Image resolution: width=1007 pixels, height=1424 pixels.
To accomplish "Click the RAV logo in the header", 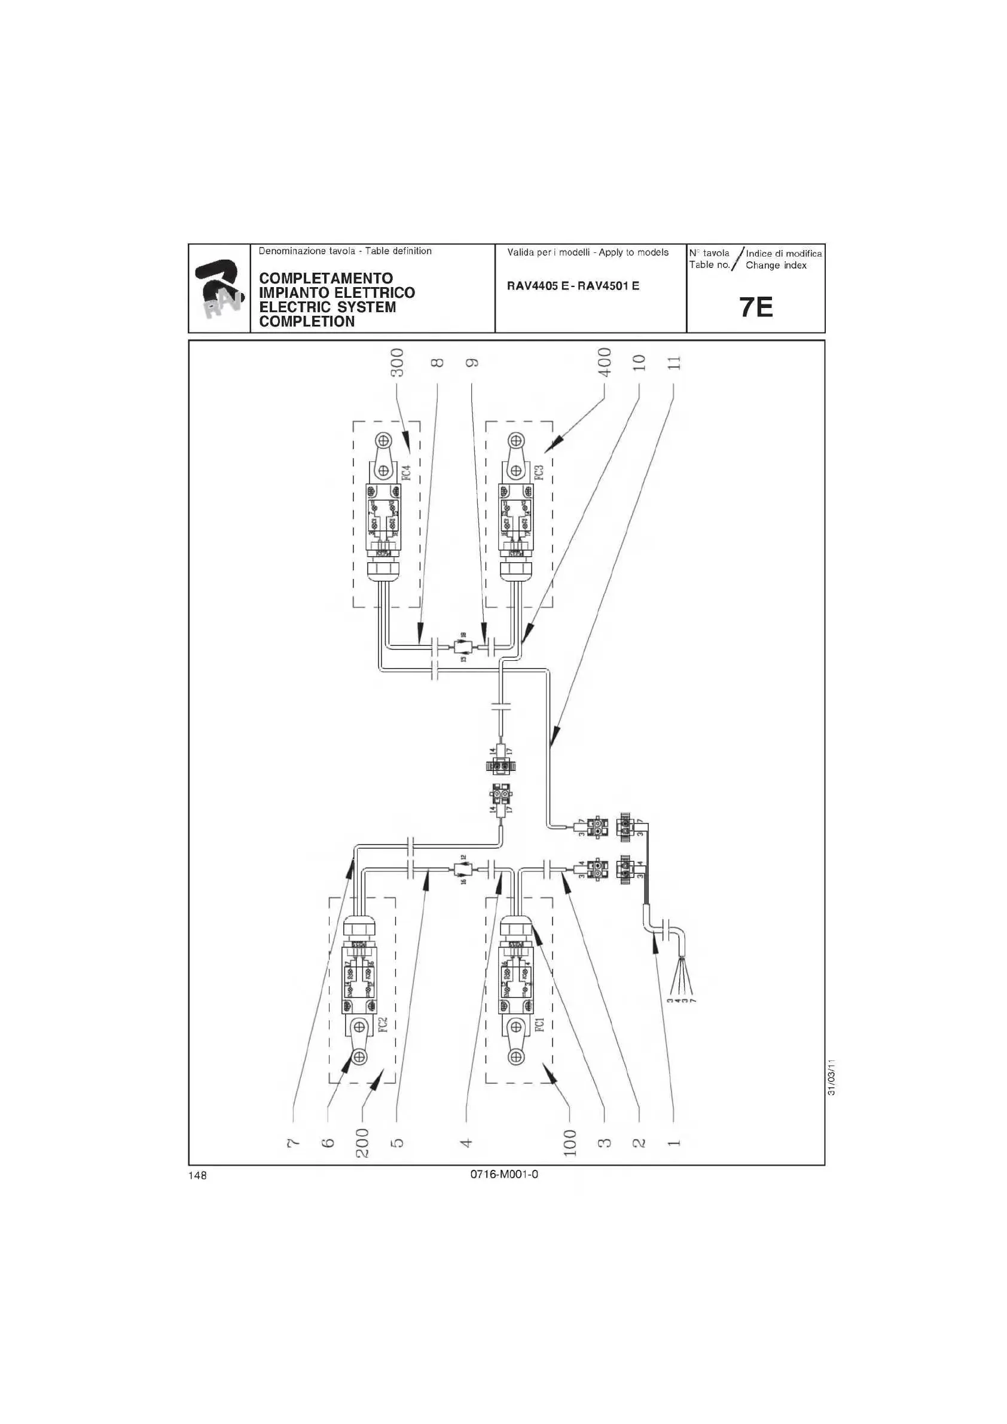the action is click(218, 288).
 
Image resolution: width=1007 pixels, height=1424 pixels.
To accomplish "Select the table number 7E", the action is click(756, 307).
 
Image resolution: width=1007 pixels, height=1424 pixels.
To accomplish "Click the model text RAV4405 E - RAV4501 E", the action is click(573, 286).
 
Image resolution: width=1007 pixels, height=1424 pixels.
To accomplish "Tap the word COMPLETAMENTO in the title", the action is click(325, 278).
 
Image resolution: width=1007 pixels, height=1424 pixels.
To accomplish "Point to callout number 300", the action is click(397, 362).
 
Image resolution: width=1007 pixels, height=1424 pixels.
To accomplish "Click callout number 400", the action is click(605, 362).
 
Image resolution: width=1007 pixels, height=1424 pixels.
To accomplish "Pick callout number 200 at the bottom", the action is click(362, 1143).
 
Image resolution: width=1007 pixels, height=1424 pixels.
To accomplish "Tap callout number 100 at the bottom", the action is click(570, 1143).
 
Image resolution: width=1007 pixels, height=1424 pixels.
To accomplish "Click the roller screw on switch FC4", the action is click(385, 441).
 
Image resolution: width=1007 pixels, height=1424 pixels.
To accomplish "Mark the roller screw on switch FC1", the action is click(516, 1056).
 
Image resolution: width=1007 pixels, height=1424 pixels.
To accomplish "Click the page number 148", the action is click(198, 1175).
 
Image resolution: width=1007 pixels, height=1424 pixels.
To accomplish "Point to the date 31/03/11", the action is click(832, 1077).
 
